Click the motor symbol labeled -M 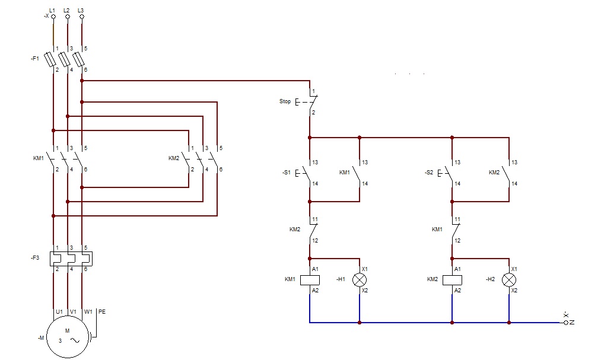(x=68, y=337)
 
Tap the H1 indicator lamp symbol (x=359, y=280)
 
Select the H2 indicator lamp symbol (x=508, y=280)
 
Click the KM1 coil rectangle (x=310, y=280)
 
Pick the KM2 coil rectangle (x=452, y=280)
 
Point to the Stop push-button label (x=285, y=101)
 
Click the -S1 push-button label (x=287, y=173)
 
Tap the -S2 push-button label (x=429, y=173)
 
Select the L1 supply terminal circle (x=53, y=17)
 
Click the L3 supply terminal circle (x=82, y=17)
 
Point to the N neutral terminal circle (x=566, y=323)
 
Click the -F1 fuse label (x=35, y=59)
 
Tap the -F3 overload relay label (x=35, y=258)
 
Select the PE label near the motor (x=102, y=312)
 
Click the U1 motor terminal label (x=59, y=312)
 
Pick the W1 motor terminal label (x=88, y=312)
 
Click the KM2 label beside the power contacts (x=174, y=158)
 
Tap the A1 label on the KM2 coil (x=457, y=269)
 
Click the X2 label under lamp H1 (x=364, y=290)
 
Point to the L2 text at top (x=66, y=10)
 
